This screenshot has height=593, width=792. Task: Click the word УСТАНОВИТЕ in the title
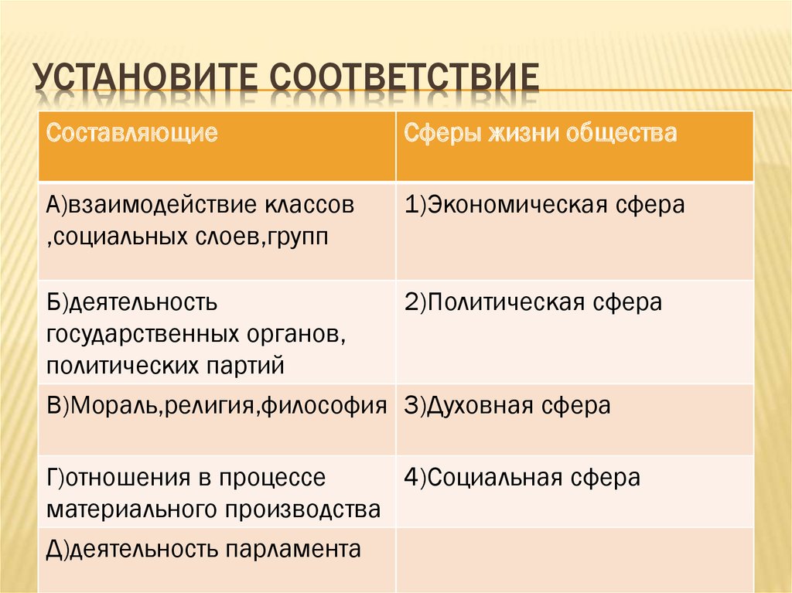[x=146, y=78]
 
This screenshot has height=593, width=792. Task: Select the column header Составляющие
[x=131, y=133]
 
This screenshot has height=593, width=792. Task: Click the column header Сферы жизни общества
[x=540, y=133]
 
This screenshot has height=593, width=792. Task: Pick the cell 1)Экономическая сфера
[x=544, y=205]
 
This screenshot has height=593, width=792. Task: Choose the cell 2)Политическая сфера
[x=533, y=302]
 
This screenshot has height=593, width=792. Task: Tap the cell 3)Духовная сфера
[x=507, y=406]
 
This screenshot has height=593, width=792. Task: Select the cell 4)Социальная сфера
[x=522, y=477]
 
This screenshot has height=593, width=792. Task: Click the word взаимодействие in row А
[x=162, y=206]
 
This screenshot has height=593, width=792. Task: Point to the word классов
[x=308, y=206]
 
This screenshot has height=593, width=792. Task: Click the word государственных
[x=143, y=335]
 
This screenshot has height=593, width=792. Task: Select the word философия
[x=324, y=406]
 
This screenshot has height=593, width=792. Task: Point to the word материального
[x=132, y=510]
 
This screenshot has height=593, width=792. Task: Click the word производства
[x=302, y=510]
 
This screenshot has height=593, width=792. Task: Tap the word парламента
[x=292, y=550]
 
